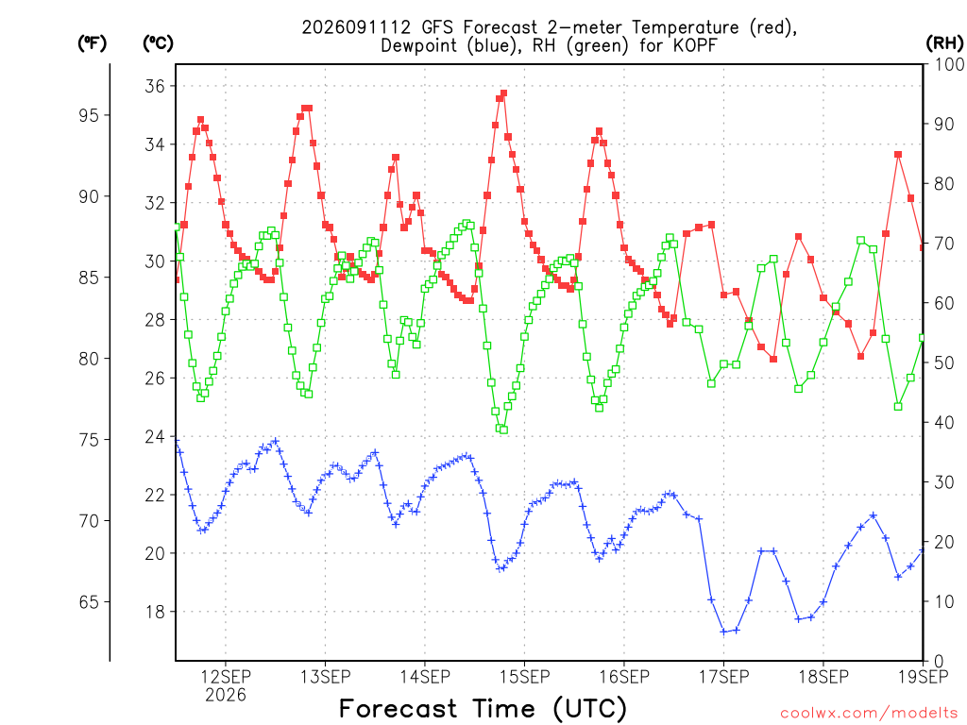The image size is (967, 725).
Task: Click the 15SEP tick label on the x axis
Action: coord(524,677)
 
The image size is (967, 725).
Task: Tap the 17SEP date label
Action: coord(723,677)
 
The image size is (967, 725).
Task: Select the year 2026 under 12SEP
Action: coord(226,695)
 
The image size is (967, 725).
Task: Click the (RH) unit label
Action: coord(944,42)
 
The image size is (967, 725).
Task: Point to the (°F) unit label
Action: coord(92,42)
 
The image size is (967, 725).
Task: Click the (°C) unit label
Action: coord(158,42)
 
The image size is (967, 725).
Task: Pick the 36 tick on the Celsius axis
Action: coord(155,86)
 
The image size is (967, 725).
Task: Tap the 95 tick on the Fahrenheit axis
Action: coord(89,115)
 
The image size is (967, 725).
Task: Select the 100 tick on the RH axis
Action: coord(948,64)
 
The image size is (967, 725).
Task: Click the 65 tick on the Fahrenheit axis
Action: coord(89,601)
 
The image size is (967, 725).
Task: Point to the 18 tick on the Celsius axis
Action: coord(155,612)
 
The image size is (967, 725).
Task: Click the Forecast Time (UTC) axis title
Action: coord(483,709)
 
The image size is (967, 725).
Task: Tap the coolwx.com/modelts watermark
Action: coord(869,714)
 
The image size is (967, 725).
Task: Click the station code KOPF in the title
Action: coord(694,45)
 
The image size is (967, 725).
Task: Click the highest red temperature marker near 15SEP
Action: coord(504,93)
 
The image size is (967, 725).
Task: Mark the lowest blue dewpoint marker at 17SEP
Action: coord(723,632)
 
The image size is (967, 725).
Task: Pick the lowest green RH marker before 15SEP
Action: coord(504,430)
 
